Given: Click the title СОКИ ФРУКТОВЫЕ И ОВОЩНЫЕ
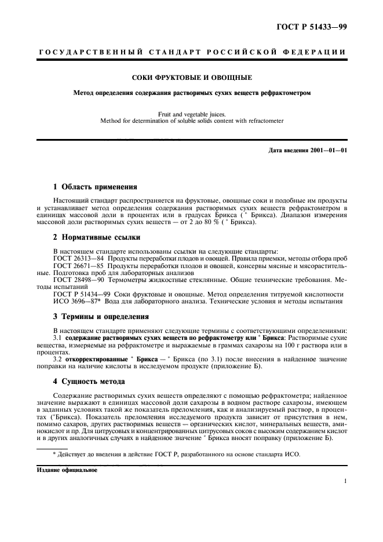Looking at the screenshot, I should pos(191,77).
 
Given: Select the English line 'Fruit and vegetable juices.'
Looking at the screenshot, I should pos(191,114).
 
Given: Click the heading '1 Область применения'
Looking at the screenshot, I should pos(95,187).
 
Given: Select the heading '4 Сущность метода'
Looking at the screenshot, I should pos(87,382).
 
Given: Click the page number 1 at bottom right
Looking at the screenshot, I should pos(345,481).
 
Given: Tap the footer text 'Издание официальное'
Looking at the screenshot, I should pos(67,471).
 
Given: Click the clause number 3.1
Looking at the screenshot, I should pos(57,337).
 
